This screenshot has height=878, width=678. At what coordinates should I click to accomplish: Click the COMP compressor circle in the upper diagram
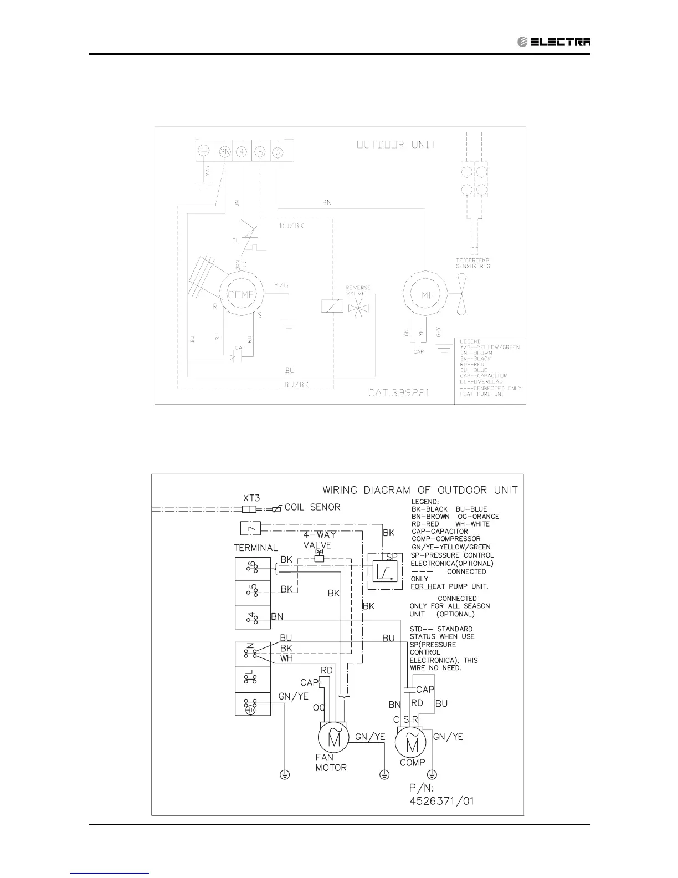pyautogui.click(x=241, y=294)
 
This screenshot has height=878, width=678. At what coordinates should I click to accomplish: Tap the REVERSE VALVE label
pyautogui.click(x=358, y=291)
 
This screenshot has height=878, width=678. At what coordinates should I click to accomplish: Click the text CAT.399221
pyautogui.click(x=398, y=392)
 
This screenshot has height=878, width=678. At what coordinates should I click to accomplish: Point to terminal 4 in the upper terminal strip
pyautogui.click(x=242, y=151)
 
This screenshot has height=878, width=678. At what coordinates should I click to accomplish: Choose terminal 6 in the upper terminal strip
pyautogui.click(x=278, y=151)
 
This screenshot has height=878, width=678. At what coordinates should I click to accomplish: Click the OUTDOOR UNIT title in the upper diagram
pyautogui.click(x=396, y=145)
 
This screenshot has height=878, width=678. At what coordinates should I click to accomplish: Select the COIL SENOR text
pyautogui.click(x=312, y=507)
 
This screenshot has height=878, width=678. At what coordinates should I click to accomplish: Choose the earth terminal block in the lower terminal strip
pyautogui.click(x=253, y=704)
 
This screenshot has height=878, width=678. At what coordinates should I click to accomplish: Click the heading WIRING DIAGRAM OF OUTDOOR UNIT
pyautogui.click(x=420, y=490)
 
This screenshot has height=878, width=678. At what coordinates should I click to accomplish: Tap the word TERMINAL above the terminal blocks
pyautogui.click(x=256, y=548)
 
